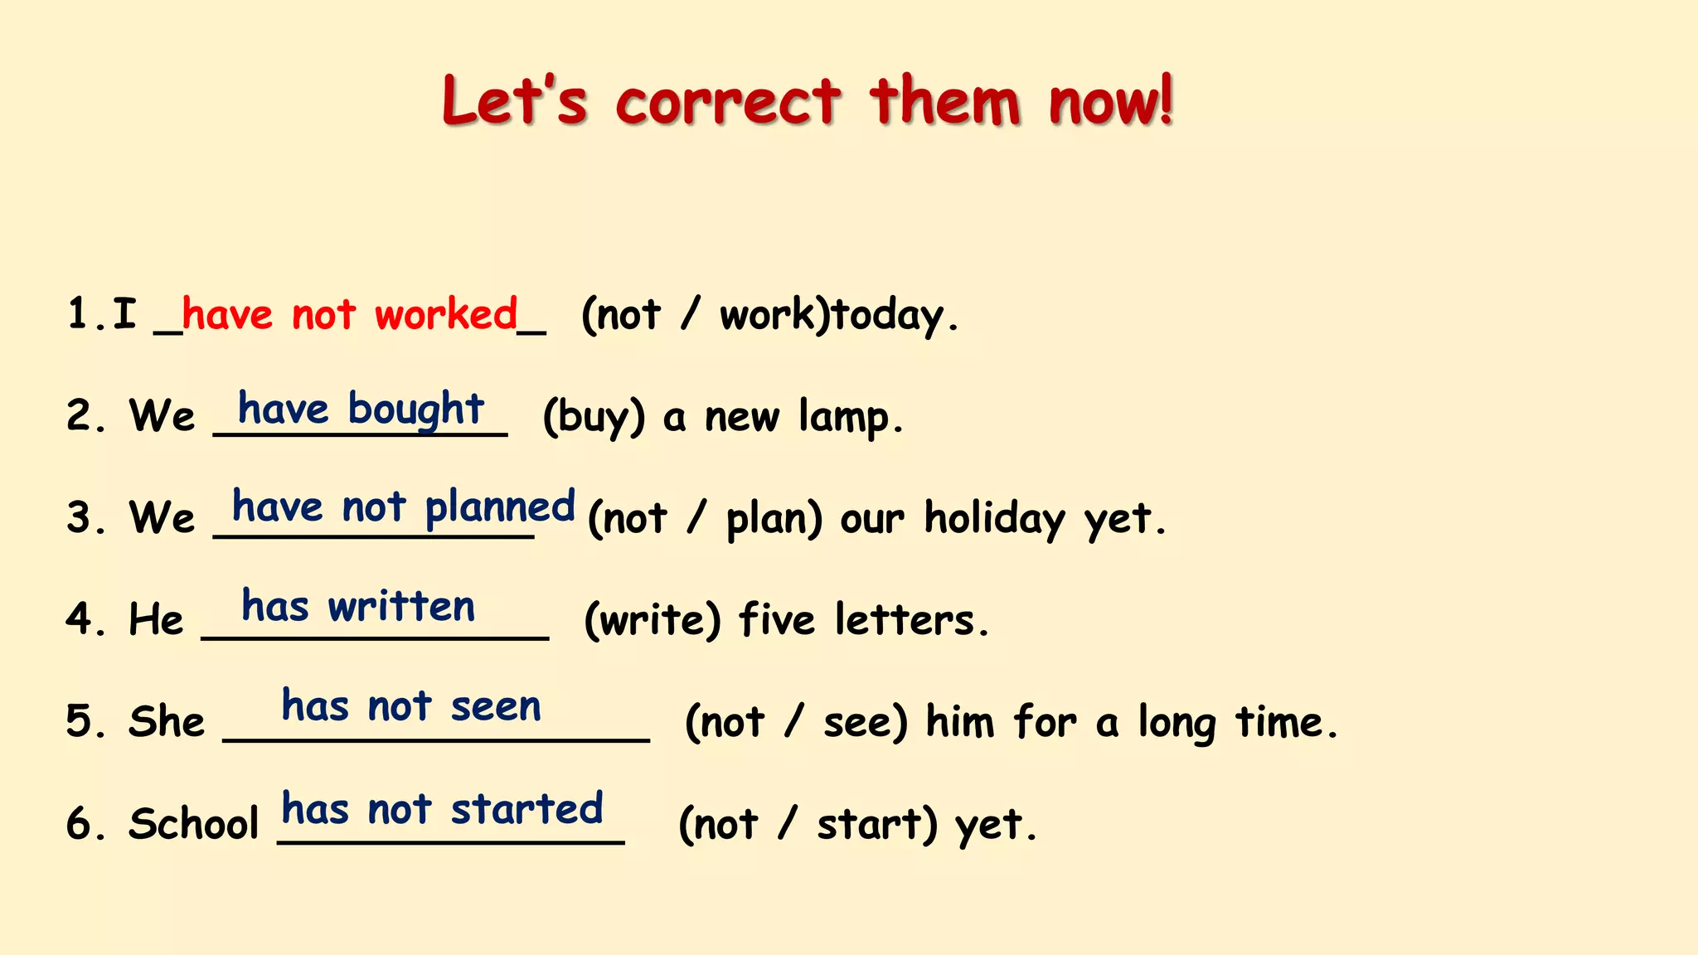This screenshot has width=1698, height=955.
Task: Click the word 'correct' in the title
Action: (x=727, y=103)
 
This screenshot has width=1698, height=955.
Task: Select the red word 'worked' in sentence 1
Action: (x=446, y=315)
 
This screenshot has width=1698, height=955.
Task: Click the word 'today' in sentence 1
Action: (x=888, y=316)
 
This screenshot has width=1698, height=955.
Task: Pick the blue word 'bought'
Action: (x=415, y=410)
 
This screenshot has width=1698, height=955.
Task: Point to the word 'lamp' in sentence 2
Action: (x=843, y=417)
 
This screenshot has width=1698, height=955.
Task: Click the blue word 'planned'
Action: (x=500, y=507)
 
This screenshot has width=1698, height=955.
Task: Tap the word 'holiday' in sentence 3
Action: (x=994, y=519)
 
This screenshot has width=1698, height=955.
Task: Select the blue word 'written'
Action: (x=401, y=607)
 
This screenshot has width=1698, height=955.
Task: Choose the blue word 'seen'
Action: (x=496, y=707)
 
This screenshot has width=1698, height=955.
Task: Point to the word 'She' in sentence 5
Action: (x=167, y=721)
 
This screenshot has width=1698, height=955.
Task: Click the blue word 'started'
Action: (x=526, y=809)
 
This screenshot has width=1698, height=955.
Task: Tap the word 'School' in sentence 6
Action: (x=194, y=824)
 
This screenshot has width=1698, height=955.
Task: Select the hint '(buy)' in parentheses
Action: (x=594, y=417)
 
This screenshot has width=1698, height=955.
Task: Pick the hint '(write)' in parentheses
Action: (x=653, y=620)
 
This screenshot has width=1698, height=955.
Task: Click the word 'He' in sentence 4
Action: (x=156, y=620)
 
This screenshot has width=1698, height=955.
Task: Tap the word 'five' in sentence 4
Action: (x=777, y=620)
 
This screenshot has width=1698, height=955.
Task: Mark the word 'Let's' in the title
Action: (x=515, y=103)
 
